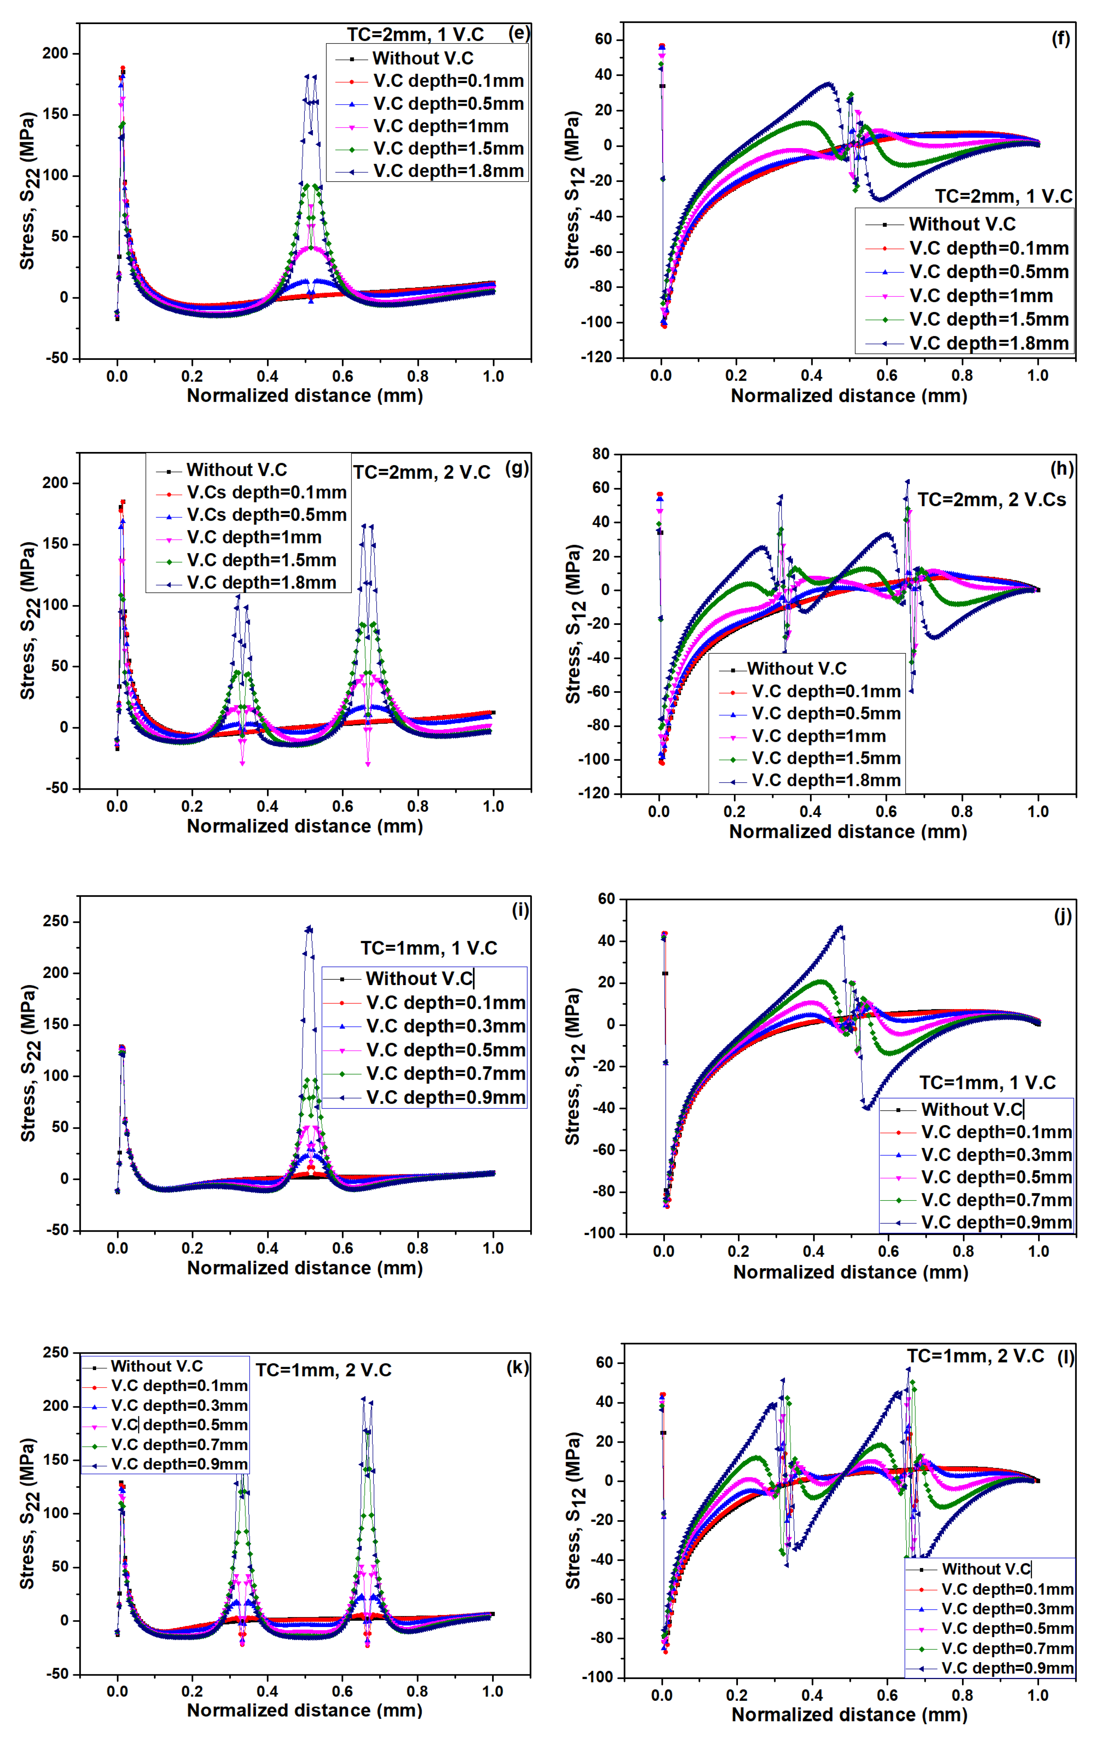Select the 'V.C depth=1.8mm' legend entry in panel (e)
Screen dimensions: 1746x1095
(448, 171)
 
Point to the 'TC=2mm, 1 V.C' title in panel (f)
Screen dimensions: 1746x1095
(1003, 196)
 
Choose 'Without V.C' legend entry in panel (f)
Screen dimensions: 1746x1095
(962, 224)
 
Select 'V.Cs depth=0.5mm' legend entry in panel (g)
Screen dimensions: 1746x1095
(266, 515)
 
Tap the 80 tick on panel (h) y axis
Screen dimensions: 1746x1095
(600, 454)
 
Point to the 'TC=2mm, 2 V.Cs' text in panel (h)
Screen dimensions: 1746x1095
(991, 500)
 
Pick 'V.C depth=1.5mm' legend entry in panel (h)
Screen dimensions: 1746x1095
(826, 758)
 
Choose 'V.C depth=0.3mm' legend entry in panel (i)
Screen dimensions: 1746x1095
(444, 1026)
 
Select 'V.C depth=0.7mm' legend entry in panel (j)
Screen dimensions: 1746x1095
(996, 1200)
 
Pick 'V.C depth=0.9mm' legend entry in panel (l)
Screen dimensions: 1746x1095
(1007, 1668)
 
